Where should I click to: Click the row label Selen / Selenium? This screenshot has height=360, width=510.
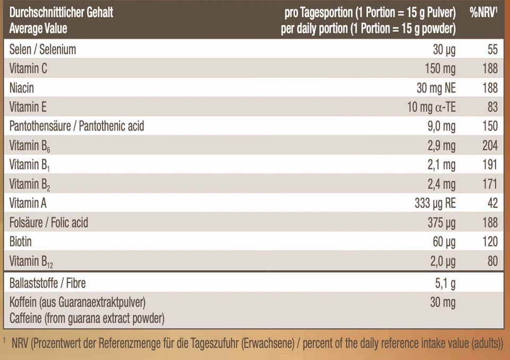[x=42, y=49]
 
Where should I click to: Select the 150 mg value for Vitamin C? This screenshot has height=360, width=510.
[x=440, y=69]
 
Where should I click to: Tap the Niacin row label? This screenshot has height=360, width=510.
[x=21, y=88]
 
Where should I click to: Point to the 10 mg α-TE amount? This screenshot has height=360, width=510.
[x=431, y=107]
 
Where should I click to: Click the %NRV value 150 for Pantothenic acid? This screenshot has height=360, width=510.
[x=490, y=127]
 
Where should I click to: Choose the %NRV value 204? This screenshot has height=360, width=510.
[x=490, y=146]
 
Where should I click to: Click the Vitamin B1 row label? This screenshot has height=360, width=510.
[x=30, y=165]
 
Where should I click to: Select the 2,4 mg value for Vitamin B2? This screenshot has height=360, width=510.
[x=441, y=184]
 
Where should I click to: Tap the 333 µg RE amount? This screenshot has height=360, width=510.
[x=435, y=204]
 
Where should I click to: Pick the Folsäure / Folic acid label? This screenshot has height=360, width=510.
[x=49, y=223]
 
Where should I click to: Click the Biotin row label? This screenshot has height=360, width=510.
[x=21, y=242]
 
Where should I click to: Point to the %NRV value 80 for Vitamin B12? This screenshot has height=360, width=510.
[x=492, y=261]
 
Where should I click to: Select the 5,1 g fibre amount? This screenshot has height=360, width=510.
[x=445, y=283]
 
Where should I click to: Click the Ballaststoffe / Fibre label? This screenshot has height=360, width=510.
[x=47, y=283]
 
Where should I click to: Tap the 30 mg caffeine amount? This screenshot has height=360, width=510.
[x=443, y=303]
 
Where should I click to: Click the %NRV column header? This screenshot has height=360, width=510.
[x=483, y=12]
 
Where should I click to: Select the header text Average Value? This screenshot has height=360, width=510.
[x=38, y=28]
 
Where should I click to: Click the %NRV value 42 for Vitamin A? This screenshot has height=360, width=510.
[x=492, y=204]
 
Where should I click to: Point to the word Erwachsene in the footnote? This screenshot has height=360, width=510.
[x=268, y=344]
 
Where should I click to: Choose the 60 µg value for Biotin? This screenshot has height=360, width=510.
[x=444, y=242]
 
